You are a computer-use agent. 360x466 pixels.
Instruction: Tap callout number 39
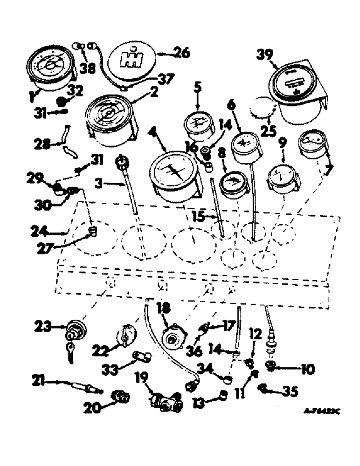pyautogui.click(x=266, y=55)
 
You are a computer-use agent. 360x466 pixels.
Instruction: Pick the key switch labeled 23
pyautogui.click(x=75, y=331)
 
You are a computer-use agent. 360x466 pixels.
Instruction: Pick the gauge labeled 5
pyautogui.click(x=198, y=126)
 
